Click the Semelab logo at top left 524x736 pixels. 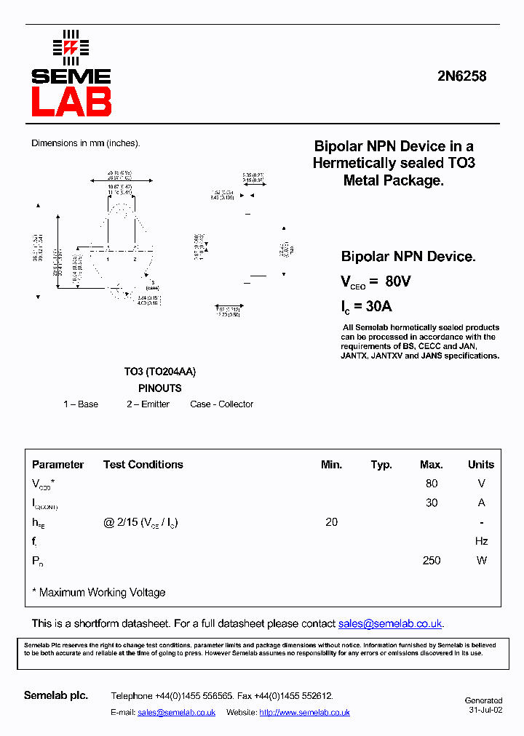tap(71, 73)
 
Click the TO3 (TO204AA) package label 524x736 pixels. tap(159, 372)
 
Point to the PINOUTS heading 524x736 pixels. tap(159, 388)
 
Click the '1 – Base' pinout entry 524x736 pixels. tap(81, 404)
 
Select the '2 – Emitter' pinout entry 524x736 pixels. tap(148, 404)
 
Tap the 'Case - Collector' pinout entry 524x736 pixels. tap(221, 404)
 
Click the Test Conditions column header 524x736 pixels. tap(143, 465)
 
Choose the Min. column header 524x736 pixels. tap(331, 465)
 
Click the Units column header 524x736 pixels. tap(480, 465)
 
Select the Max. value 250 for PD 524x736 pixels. tap(432, 561)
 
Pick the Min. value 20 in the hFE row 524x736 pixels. tap(332, 522)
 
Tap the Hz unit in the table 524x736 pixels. tap(481, 541)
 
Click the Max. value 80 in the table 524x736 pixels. tap(432, 484)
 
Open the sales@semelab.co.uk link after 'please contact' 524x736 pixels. tap(390, 624)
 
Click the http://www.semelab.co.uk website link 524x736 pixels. tap(304, 713)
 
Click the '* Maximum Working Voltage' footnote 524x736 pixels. tap(99, 593)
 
